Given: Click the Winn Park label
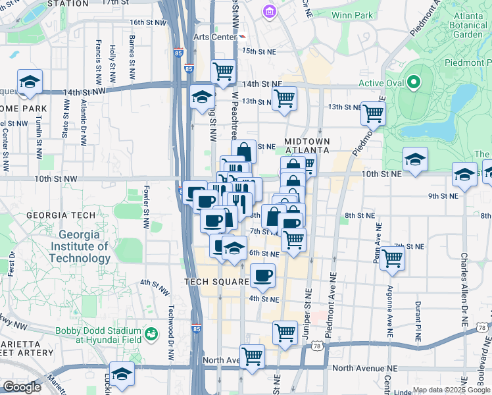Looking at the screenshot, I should [x=353, y=14].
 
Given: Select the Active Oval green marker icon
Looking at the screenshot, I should [x=413, y=83].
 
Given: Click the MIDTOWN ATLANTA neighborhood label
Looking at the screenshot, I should [x=307, y=145].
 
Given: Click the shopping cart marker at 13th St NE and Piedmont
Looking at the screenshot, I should [x=373, y=113].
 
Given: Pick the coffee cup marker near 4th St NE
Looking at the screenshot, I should [x=262, y=275].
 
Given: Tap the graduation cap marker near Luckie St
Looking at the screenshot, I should [x=122, y=374].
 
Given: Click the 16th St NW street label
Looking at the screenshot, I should [x=146, y=22].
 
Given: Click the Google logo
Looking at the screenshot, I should [x=22, y=387].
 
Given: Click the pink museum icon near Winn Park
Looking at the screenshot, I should [x=269, y=11].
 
